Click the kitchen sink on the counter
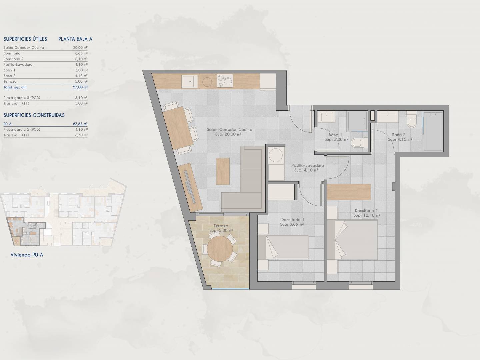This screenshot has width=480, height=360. (190, 81)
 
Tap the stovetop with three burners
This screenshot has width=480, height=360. (225, 81)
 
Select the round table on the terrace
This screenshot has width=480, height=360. (220, 249)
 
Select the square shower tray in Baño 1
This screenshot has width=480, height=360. (357, 121)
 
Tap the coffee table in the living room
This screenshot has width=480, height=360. (223, 171)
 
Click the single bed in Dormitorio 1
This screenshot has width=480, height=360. (283, 247)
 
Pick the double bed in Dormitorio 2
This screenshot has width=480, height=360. (352, 240)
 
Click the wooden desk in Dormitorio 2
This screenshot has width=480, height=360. (349, 192)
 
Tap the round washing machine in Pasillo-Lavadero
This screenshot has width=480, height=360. (276, 155)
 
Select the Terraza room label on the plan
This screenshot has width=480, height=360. (221, 226)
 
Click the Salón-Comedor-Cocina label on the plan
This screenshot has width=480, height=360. (229, 130)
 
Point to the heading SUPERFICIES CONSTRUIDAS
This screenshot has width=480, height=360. (34, 115)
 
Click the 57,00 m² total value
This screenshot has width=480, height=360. (80, 87)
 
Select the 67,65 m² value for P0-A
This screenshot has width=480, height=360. (80, 124)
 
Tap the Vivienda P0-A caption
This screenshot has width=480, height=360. (27, 255)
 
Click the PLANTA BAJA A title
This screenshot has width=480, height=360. (75, 39)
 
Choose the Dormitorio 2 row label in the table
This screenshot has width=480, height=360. (13, 59)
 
